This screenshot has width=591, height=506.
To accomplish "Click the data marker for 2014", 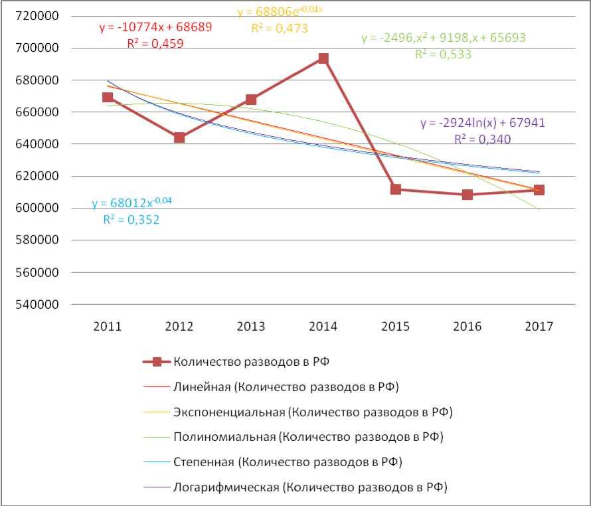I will (x=323, y=58).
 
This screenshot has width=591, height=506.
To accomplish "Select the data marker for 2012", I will (x=179, y=137).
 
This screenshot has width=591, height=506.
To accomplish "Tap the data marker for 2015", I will (x=396, y=189).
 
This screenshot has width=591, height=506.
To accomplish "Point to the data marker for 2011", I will (x=108, y=98).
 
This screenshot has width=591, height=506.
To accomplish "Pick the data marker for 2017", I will (x=539, y=190).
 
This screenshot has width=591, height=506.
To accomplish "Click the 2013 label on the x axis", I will (x=250, y=327).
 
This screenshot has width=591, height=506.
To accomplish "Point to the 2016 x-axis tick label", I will (x=467, y=327).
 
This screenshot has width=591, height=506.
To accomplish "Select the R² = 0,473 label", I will (x=279, y=28).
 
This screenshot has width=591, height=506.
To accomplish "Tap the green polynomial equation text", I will (x=444, y=39).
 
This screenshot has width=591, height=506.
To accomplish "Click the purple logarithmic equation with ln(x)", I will (x=483, y=124).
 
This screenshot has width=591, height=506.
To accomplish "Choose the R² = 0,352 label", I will (x=131, y=219).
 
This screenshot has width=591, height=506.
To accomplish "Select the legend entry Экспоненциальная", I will (x=312, y=412).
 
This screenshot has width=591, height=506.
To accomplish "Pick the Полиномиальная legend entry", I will (x=307, y=437).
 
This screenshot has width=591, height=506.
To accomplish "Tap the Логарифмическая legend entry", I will (x=310, y=487).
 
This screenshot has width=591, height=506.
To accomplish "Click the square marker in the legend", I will (x=157, y=362).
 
